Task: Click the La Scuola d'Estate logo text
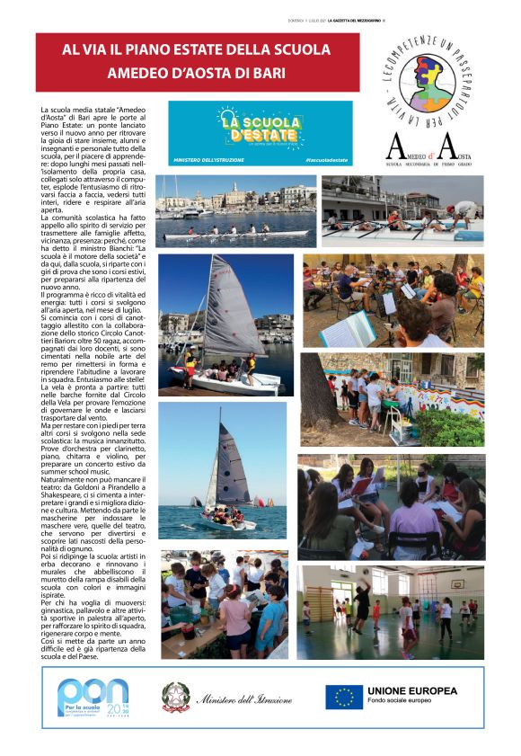click(x=259, y=127)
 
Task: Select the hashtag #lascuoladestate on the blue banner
click(x=325, y=159)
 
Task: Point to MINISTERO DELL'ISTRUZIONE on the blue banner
click(x=209, y=159)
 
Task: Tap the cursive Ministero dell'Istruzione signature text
click(x=244, y=698)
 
